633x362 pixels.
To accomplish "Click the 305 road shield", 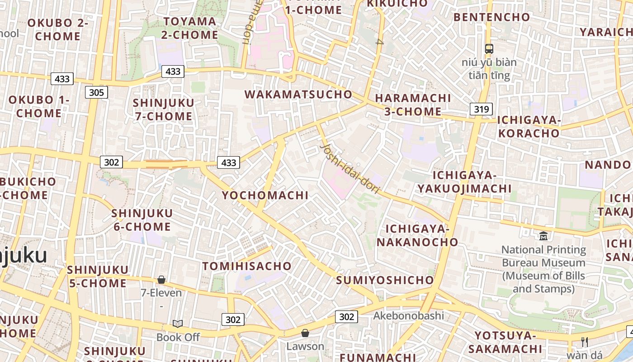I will tap(96, 93).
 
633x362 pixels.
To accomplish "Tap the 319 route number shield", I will tap(481, 109).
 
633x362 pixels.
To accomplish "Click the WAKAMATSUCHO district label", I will tap(298, 94).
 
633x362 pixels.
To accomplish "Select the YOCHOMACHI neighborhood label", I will tap(265, 195).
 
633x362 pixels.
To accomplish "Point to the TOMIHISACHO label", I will tap(247, 266).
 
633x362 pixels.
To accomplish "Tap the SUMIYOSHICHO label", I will tap(385, 280).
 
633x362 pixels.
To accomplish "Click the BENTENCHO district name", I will tap(491, 17).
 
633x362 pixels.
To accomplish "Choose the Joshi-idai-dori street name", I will tap(349, 168).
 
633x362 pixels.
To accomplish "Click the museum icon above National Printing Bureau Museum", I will tap(543, 236).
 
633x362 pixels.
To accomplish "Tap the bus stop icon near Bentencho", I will tap(489, 48).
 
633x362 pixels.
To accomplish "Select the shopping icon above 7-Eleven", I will tap(161, 280).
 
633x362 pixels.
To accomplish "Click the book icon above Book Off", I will tap(178, 324).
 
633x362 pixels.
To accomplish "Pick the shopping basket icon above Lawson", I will tap(305, 333).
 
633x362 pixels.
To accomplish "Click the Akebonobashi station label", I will tap(408, 315).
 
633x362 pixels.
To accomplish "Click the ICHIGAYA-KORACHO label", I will tap(529, 127).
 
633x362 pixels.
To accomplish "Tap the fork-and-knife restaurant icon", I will tap(585, 342).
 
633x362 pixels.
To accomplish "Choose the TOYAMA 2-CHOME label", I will tap(190, 28).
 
